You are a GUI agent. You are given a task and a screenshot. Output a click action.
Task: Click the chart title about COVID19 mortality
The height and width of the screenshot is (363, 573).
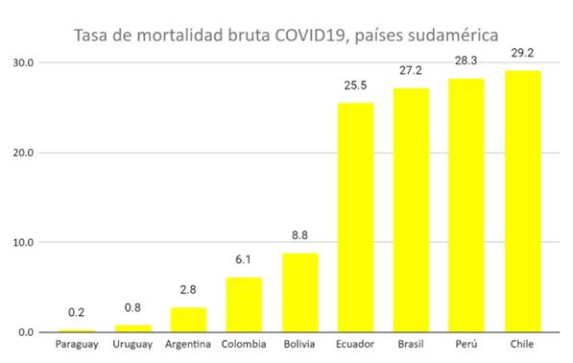tap(286, 36)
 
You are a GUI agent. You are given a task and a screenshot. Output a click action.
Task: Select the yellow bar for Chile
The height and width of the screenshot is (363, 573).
tap(522, 202)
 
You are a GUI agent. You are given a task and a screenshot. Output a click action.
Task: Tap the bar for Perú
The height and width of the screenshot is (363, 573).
tap(466, 206)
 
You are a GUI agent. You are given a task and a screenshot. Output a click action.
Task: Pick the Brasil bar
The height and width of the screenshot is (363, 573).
tap(411, 210)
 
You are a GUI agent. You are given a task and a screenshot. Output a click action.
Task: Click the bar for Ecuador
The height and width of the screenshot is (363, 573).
tap(355, 218)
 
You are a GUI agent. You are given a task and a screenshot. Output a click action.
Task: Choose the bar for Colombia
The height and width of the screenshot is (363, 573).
tap(244, 304)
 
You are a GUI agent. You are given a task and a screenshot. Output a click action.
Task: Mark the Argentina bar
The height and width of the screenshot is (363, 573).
tap(188, 320)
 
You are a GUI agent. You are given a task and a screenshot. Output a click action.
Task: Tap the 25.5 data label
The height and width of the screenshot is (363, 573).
tap(355, 85)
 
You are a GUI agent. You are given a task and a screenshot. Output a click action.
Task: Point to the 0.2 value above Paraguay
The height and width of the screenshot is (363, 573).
tap(77, 313)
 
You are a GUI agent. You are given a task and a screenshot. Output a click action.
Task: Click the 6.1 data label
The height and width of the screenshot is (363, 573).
tap(244, 260)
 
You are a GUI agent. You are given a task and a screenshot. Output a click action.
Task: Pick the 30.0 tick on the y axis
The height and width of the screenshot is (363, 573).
tap(22, 62)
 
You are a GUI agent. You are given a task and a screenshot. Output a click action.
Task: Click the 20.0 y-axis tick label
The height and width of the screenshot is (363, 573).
tap(22, 153)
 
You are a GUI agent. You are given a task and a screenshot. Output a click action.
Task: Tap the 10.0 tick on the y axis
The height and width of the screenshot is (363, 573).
tap(22, 242)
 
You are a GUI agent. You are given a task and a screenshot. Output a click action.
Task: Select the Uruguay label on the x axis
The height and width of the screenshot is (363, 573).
tap(132, 344)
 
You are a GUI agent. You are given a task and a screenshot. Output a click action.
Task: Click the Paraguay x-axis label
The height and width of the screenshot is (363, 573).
tap(77, 344)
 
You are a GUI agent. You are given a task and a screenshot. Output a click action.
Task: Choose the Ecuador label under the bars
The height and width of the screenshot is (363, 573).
tap(355, 344)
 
